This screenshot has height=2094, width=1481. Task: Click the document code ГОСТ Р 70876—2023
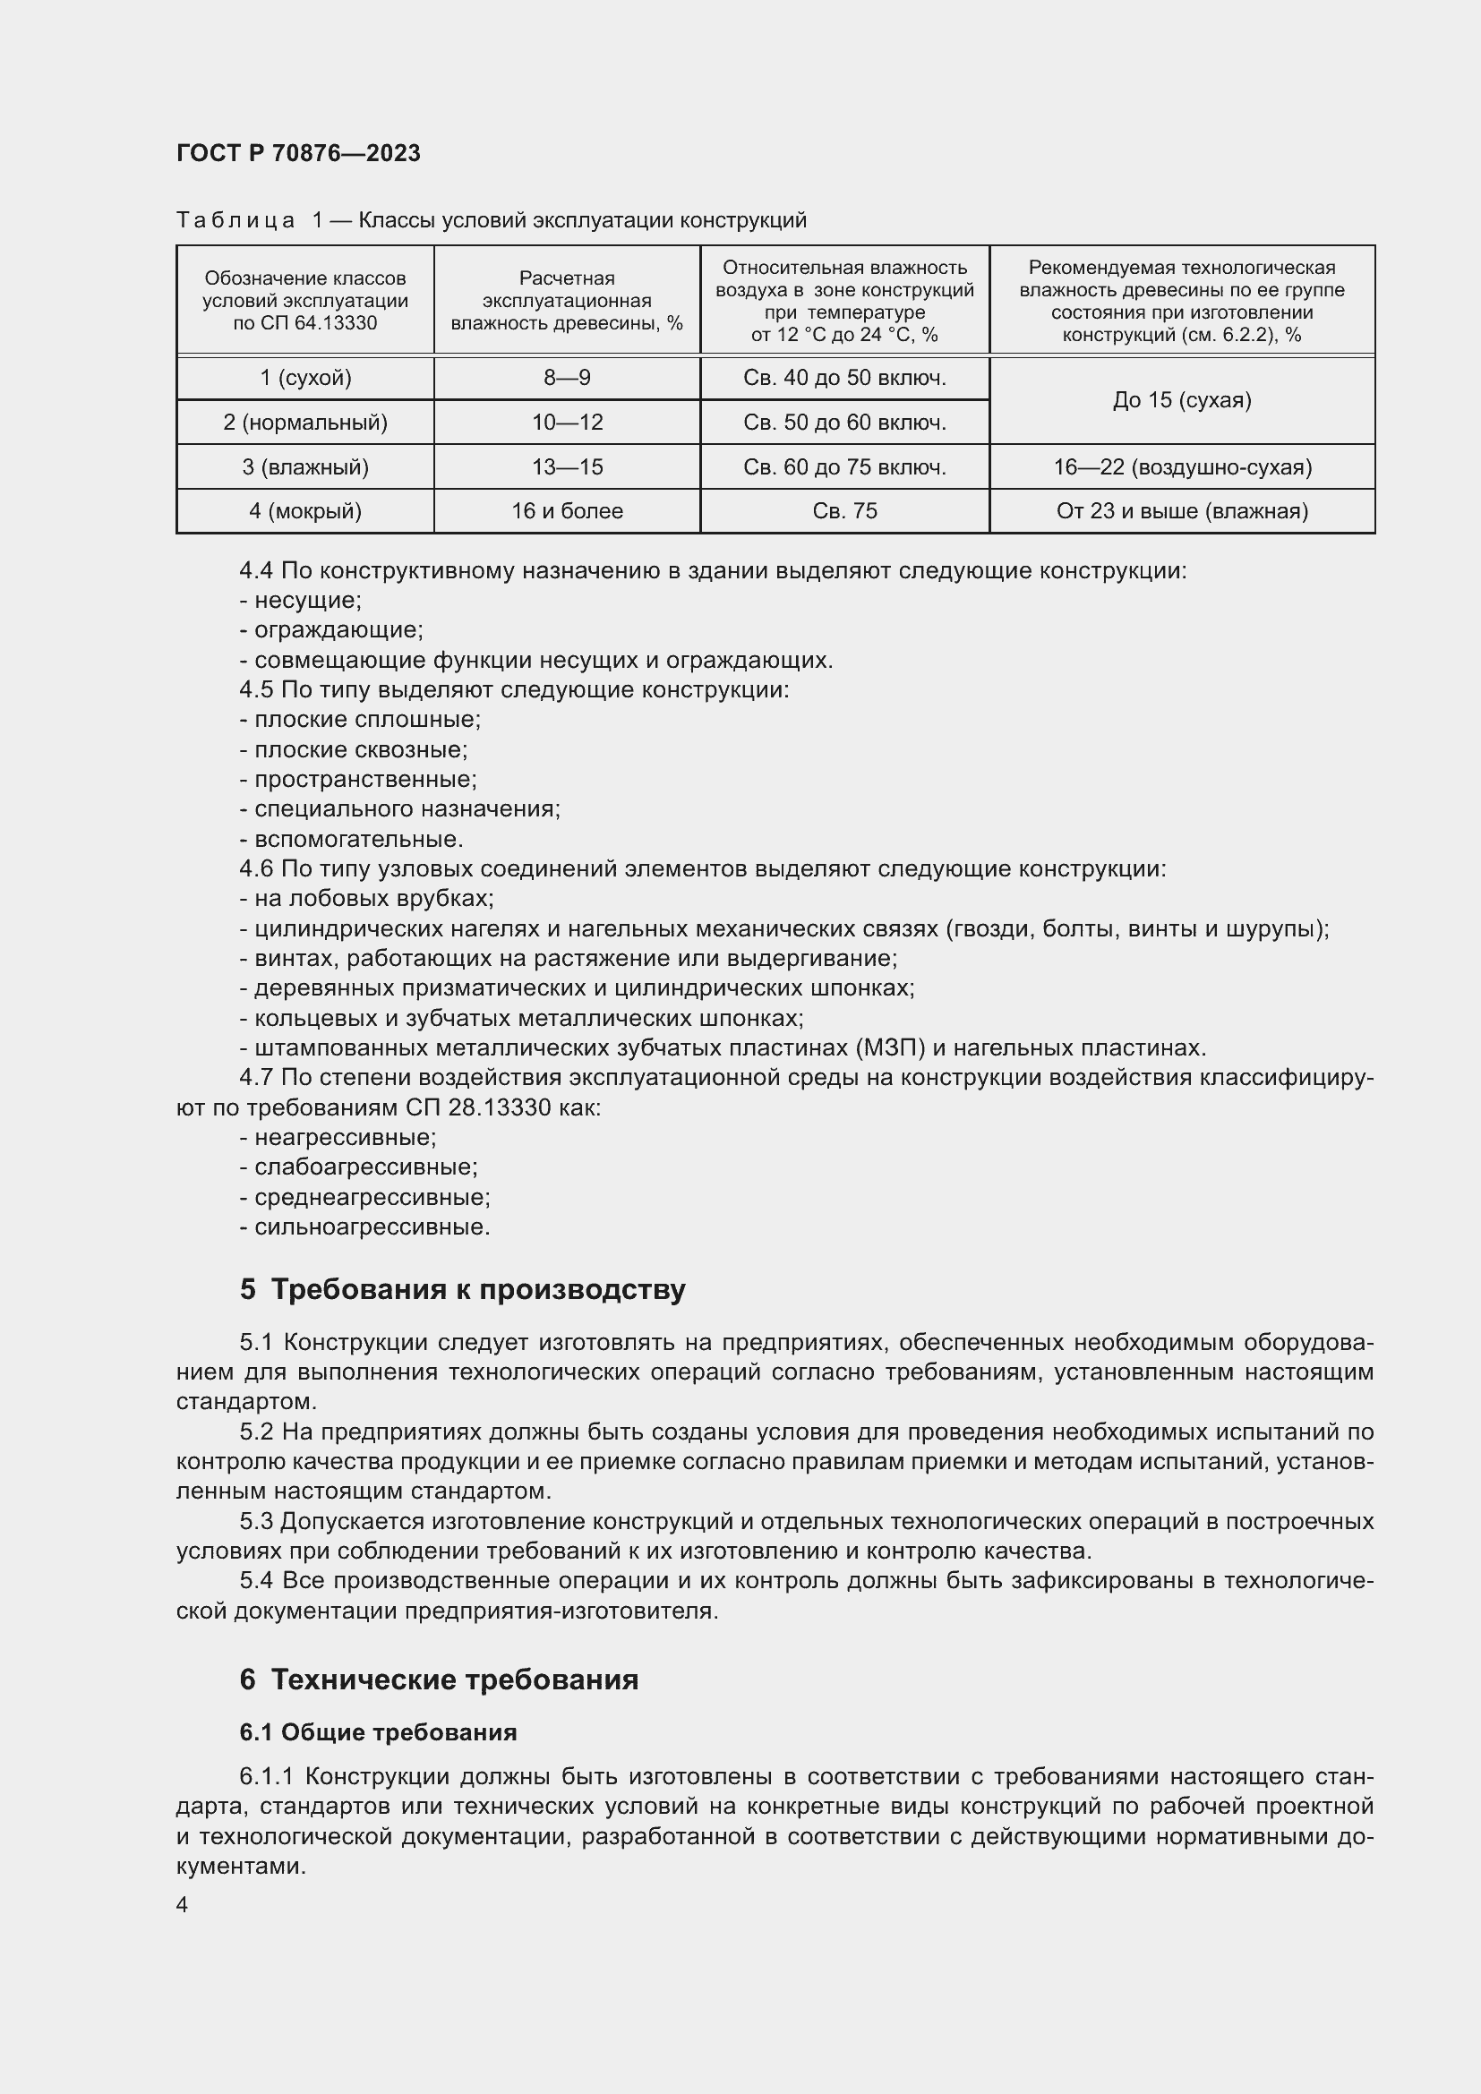298,153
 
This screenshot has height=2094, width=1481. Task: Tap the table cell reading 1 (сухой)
304,378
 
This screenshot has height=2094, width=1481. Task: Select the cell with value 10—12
566,423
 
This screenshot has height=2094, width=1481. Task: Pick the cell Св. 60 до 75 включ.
844,467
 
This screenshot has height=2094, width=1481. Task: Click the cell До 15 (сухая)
1182,400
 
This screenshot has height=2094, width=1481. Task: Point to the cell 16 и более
566,510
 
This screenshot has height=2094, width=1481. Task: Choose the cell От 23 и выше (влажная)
1182,510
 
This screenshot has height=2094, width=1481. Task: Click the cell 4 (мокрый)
304,510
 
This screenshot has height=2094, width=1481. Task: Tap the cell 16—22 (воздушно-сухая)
1182,467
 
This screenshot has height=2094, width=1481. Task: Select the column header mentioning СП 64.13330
304,301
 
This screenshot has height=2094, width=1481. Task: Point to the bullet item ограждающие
338,630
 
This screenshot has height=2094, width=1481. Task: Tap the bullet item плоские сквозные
360,749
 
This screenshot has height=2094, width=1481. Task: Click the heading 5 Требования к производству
462,1289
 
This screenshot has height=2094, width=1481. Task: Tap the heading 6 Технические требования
439,1679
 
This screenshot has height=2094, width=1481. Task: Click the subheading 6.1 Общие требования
378,1732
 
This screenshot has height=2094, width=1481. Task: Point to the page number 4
183,1904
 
